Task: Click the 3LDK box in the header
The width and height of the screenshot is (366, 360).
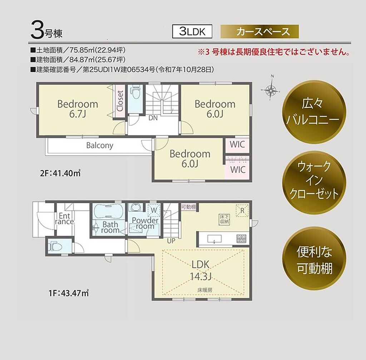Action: pyautogui.click(x=192, y=31)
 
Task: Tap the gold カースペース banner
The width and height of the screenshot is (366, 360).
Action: pyautogui.click(x=259, y=31)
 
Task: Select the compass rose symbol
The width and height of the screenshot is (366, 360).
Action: pyautogui.click(x=270, y=88)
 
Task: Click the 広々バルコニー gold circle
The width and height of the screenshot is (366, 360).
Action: pyautogui.click(x=314, y=112)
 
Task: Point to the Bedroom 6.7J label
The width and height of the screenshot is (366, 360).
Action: pyautogui.click(x=78, y=109)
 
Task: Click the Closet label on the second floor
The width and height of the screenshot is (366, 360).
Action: pyautogui.click(x=120, y=101)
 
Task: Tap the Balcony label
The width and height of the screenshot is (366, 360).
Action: pyautogui.click(x=100, y=146)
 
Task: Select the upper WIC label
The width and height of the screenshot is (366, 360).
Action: pyautogui.click(x=237, y=144)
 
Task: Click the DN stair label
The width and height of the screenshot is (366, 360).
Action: pyautogui.click(x=153, y=118)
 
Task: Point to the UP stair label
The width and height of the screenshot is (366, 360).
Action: pyautogui.click(x=171, y=241)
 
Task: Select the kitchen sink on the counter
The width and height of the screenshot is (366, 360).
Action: pyautogui.click(x=214, y=239)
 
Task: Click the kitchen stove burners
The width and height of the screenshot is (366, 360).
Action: pyautogui.click(x=241, y=238)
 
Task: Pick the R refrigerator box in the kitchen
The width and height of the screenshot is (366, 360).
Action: pyautogui.click(x=242, y=211)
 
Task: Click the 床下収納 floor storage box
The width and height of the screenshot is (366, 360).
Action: pyautogui.click(x=224, y=220)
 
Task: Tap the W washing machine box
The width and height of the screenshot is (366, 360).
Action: pyautogui.click(x=154, y=210)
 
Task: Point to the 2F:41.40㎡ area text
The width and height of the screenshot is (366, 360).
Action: pyautogui.click(x=60, y=173)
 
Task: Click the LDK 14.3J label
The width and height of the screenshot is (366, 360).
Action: pyautogui.click(x=201, y=270)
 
